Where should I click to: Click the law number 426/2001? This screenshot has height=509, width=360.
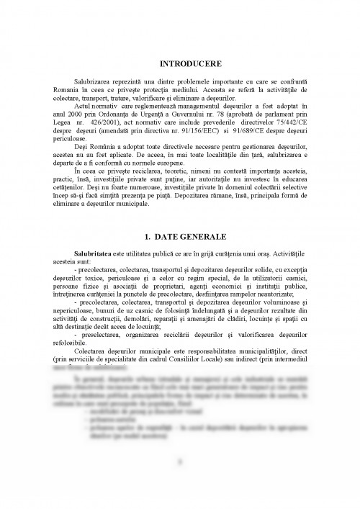[100, 121]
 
